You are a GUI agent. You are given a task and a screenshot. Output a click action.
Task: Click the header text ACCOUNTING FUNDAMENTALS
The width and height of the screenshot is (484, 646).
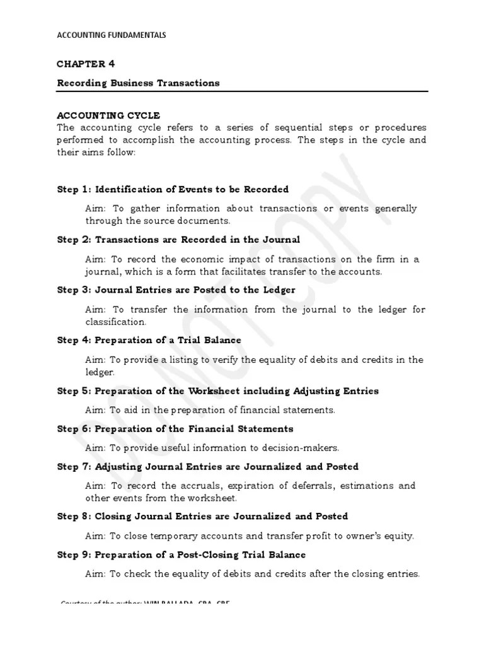pyautogui.click(x=112, y=35)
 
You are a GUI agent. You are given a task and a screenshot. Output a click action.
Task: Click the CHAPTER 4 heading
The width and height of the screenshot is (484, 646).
pyautogui.click(x=86, y=64)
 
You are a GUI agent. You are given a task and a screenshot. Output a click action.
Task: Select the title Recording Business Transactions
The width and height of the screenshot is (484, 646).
pyautogui.click(x=138, y=83)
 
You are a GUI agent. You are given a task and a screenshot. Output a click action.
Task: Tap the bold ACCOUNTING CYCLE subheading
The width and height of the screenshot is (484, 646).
pyautogui.click(x=108, y=115)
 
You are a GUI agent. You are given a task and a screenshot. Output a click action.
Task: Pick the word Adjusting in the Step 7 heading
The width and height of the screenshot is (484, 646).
pyautogui.click(x=118, y=467)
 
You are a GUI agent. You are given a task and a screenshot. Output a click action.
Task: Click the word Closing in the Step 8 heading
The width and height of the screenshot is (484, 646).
pyautogui.click(x=113, y=517)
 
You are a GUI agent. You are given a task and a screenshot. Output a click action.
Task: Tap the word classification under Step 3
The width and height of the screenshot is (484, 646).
pyautogui.click(x=115, y=322)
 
